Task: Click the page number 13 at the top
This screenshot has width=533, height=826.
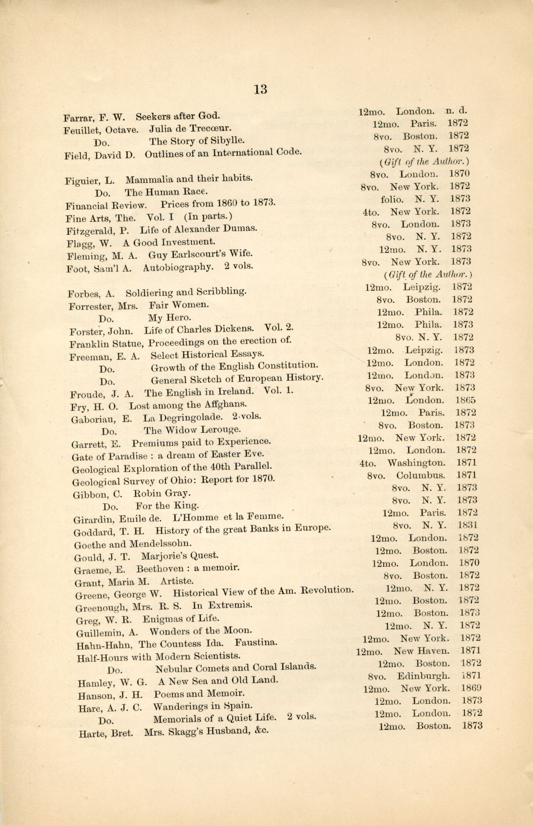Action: (x=260, y=89)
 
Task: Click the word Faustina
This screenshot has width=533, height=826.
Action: (x=256, y=643)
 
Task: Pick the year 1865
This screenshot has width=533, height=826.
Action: (x=465, y=400)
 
